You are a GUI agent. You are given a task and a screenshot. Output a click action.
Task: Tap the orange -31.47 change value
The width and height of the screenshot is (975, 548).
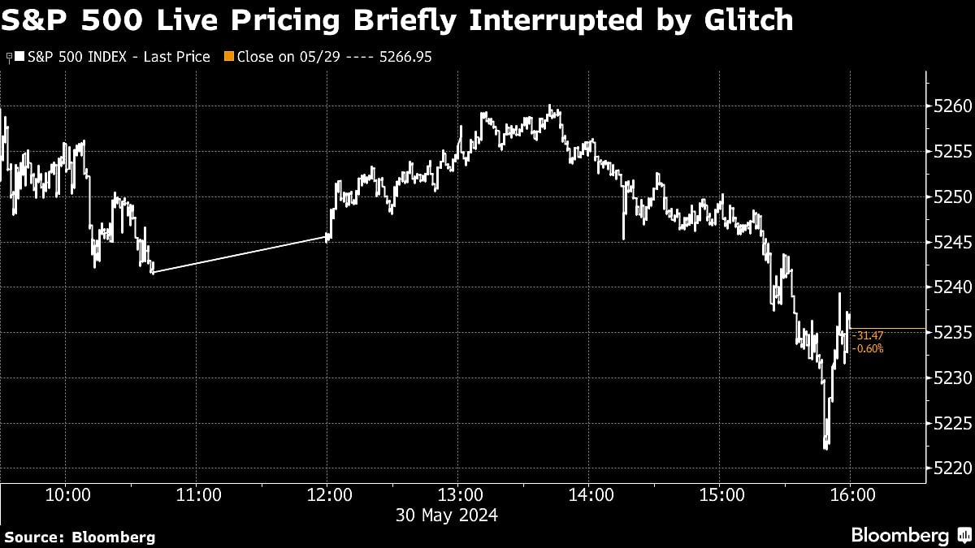867,335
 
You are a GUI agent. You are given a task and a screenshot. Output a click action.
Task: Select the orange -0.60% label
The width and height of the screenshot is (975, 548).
867,348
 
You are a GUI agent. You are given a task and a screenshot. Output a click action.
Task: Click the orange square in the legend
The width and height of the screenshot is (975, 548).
228,57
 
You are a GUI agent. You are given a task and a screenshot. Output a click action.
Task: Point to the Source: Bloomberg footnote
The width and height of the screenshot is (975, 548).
79,537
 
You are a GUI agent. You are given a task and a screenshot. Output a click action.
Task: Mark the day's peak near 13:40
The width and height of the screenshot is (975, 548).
551,106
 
